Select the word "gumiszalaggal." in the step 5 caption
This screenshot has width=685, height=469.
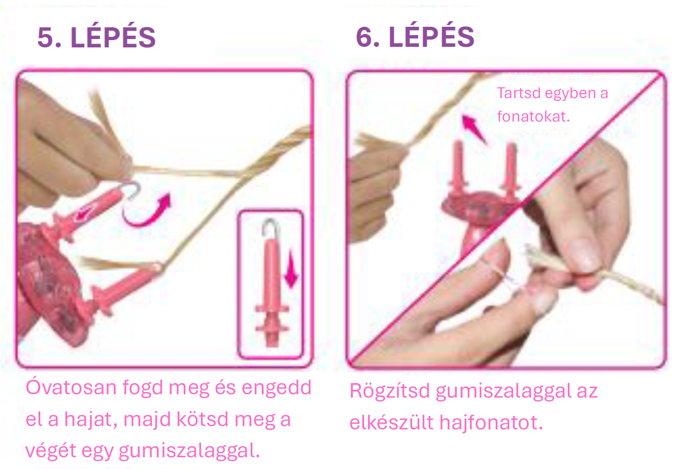pos(189,451)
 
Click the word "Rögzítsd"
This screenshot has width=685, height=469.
pos(390,391)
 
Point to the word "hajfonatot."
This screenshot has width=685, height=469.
pos(491,423)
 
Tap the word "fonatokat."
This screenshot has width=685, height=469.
pos(534,117)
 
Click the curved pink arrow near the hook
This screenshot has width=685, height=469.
pos(146,211)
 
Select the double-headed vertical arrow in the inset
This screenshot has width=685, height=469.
pos(291,269)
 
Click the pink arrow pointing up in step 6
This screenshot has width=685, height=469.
pos(473,128)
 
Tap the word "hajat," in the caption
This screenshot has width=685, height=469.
pos(91,419)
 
